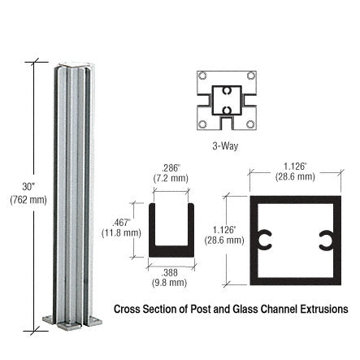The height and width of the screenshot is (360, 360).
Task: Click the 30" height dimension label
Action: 28,186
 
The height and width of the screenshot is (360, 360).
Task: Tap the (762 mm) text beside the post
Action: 28,199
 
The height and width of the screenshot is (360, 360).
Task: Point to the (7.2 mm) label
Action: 171,178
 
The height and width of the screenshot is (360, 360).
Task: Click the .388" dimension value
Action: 170,272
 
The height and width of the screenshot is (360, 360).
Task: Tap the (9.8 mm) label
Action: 171,283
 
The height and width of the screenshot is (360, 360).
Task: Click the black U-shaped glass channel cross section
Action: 171,244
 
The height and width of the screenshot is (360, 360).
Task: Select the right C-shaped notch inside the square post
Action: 324,241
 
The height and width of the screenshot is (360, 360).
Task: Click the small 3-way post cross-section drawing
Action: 226,100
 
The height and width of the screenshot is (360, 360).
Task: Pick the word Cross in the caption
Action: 128,310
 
